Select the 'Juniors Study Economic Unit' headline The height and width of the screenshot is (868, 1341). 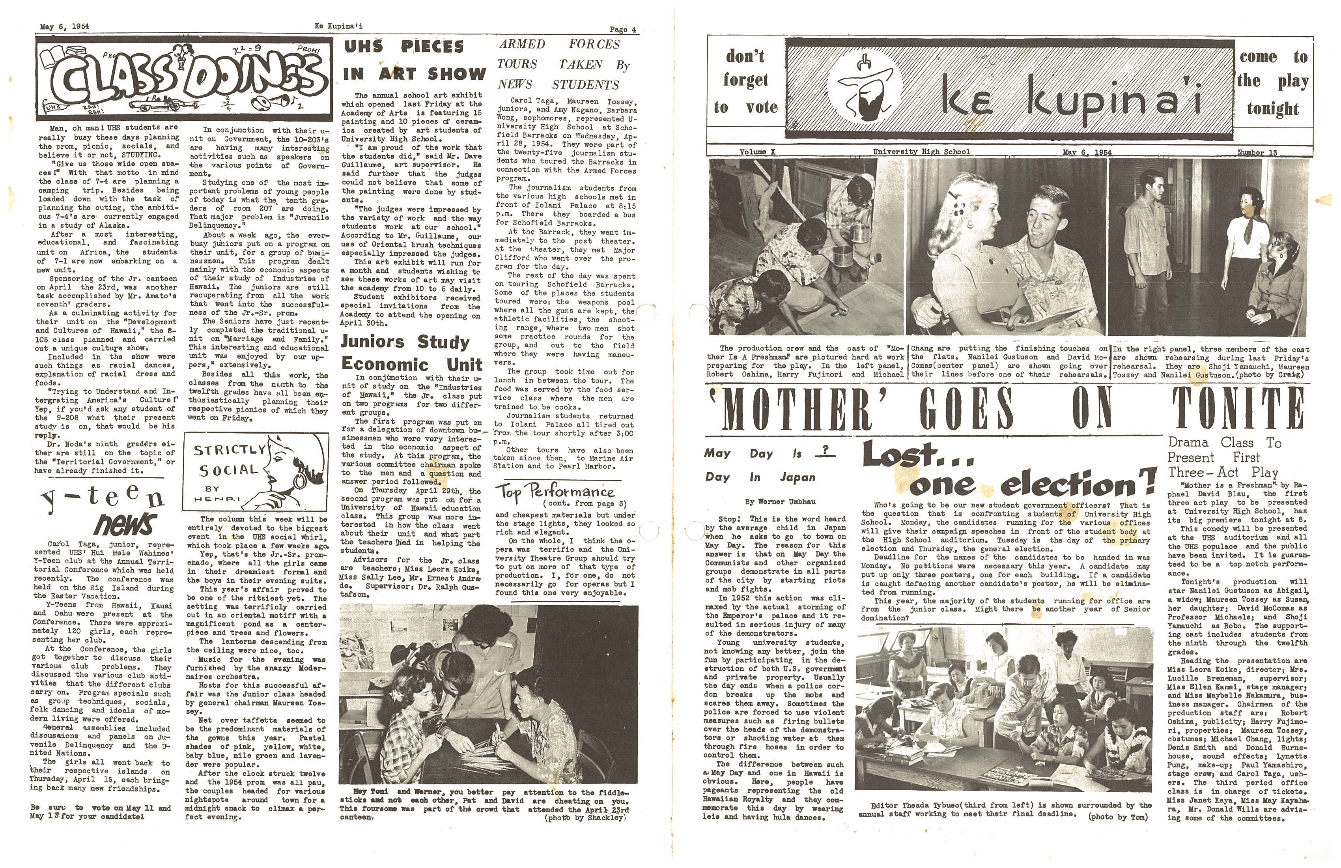pyautogui.click(x=411, y=353)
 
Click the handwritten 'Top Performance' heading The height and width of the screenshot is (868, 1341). pyautogui.click(x=555, y=492)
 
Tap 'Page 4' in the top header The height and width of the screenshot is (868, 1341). pyautogui.click(x=623, y=29)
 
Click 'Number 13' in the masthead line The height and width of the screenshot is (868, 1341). pyautogui.click(x=1257, y=152)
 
